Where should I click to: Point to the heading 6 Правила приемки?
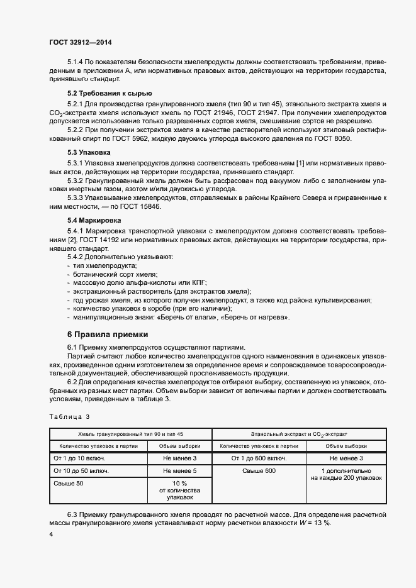coord(108,334)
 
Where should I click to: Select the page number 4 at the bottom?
coord(51,534)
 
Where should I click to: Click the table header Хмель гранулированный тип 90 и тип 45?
coord(130,435)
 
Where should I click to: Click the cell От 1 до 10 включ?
coord(80,458)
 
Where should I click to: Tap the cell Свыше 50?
coord(69,483)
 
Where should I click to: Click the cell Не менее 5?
coord(179,470)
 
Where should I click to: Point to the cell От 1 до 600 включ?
coord(258,458)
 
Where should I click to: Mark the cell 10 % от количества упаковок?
coord(179,490)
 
